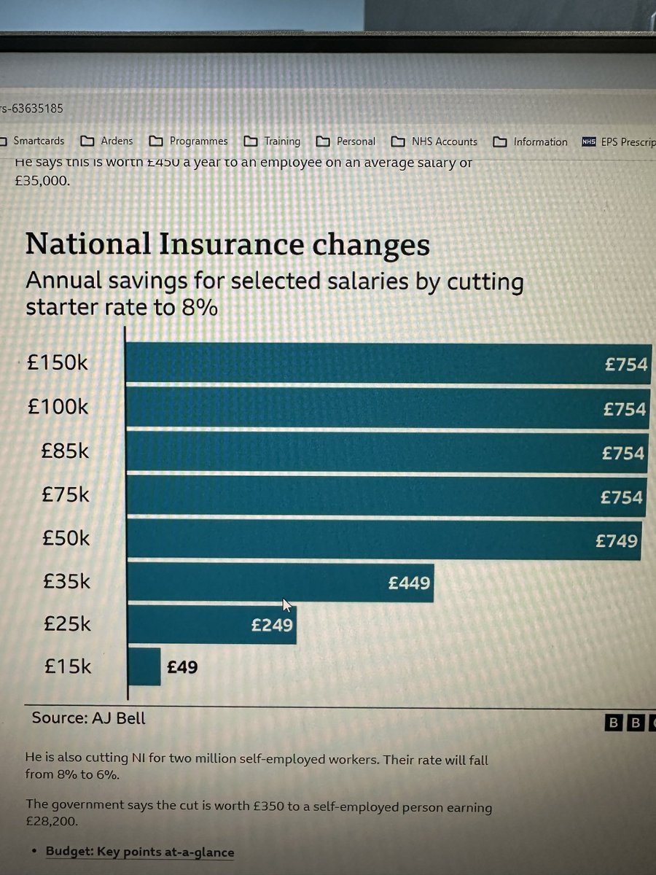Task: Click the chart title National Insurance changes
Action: (x=227, y=244)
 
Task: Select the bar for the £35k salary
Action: (x=280, y=583)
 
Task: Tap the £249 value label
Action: (x=272, y=625)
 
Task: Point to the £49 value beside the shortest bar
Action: (x=182, y=666)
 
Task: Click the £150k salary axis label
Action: (x=57, y=362)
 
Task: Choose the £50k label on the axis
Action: (x=66, y=538)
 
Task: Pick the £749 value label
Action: (x=616, y=540)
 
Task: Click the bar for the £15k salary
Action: (x=144, y=666)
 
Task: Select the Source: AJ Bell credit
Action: (x=88, y=718)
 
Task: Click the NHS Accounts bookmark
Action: (x=444, y=141)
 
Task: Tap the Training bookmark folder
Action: (x=281, y=141)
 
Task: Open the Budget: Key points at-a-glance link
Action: (x=140, y=852)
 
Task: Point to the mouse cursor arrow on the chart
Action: (x=286, y=604)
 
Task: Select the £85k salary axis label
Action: (x=66, y=451)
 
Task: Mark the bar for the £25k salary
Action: (x=211, y=625)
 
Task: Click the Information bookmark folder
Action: (x=539, y=141)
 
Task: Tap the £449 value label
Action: (x=409, y=583)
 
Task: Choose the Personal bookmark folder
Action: (x=355, y=141)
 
